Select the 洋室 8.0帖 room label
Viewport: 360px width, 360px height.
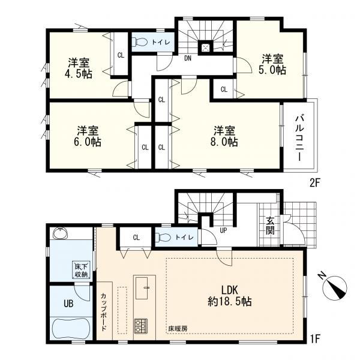(224, 136)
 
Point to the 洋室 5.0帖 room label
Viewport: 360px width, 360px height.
(272, 64)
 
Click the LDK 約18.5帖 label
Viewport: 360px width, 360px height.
(230, 296)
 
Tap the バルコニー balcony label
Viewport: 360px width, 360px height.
(299, 138)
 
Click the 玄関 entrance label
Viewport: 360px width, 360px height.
(270, 226)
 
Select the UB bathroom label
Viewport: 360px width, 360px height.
(68, 304)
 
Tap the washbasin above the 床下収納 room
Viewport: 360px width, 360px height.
(61, 234)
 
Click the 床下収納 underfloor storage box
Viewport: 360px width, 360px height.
(81, 270)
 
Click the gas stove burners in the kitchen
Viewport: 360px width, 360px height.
(141, 326)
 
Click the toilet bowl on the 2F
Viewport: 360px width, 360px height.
(141, 42)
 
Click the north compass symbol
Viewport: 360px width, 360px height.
(334, 287)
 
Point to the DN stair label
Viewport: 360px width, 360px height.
(188, 58)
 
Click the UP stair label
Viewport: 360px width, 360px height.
(223, 230)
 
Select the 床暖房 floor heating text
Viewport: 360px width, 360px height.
(178, 329)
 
